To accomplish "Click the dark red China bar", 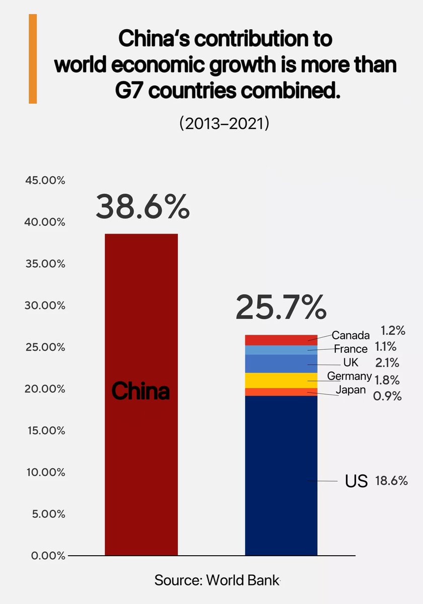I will tap(141, 453).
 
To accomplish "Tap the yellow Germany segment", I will tap(281, 381).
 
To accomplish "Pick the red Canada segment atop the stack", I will tap(281, 340).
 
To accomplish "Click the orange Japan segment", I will tap(281, 392).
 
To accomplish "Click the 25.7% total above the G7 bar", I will tap(280, 308).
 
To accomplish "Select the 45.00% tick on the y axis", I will tap(45, 181).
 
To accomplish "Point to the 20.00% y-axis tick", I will tap(45, 389).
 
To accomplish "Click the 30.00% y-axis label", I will tap(45, 306).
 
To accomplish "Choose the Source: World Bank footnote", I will tap(217, 580).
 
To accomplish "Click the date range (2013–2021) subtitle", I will tap(224, 124).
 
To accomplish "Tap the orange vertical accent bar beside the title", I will tap(33, 59).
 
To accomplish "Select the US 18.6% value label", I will tap(391, 481).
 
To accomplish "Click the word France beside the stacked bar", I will tap(350, 349).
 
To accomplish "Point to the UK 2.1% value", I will tap(387, 362).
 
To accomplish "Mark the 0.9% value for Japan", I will tap(387, 396).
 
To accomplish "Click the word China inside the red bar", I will tap(140, 391).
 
